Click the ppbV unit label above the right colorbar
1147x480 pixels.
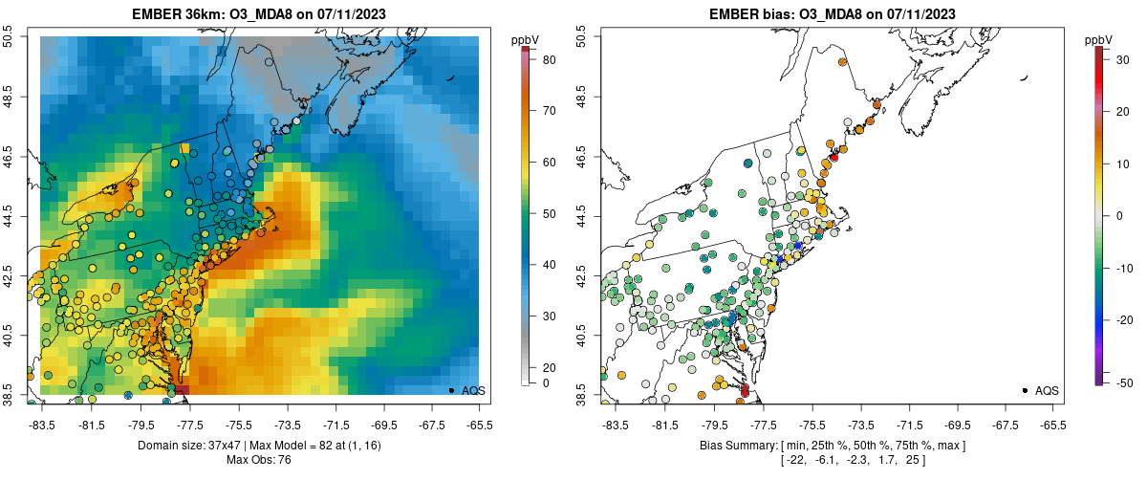tap(1099, 39)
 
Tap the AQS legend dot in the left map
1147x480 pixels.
tap(451, 390)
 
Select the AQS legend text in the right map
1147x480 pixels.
tap(1047, 390)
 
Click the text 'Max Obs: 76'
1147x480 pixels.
tap(258, 460)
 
